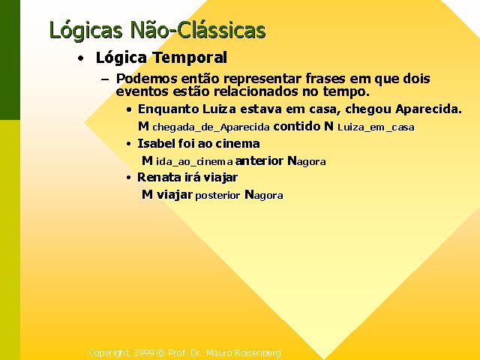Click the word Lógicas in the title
tap(86, 31)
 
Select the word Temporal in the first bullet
tap(190, 58)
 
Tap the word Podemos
tap(147, 79)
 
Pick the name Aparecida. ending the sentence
tap(428, 109)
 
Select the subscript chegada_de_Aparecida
tap(211, 127)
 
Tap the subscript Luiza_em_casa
tap(376, 127)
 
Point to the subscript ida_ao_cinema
tap(194, 161)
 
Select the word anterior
tap(259, 160)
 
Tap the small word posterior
tap(217, 195)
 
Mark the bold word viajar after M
tap(175, 195)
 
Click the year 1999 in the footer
tap(143, 353)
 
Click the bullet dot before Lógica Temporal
tap(80, 58)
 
